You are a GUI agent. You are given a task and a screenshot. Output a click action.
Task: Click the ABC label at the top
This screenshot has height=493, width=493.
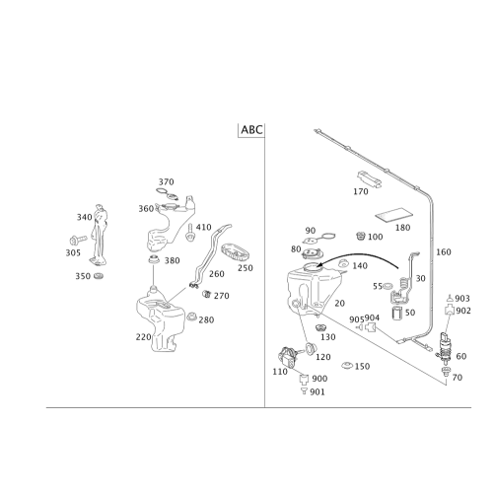252,129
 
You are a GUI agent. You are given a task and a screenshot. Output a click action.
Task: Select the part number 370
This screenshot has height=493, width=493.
167,181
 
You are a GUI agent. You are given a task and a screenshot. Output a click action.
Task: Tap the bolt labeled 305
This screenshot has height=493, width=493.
78,240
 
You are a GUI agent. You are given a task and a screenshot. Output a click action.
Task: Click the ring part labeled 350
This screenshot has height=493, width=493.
98,275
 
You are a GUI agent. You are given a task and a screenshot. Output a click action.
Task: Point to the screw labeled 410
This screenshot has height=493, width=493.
189,233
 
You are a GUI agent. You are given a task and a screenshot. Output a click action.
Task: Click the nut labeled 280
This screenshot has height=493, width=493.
191,317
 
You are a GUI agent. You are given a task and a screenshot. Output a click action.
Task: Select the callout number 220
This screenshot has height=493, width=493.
144,337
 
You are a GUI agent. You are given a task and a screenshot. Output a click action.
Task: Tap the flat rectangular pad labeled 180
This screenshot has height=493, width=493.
394,214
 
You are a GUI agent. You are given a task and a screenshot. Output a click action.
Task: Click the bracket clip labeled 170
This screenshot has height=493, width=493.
369,179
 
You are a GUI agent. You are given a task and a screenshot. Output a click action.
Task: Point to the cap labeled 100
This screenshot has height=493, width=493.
361,236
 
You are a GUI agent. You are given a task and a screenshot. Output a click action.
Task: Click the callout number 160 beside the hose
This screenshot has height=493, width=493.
444,252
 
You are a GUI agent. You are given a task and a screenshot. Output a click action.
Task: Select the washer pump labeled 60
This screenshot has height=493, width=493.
444,348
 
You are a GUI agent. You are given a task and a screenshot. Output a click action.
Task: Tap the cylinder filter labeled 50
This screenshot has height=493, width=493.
397,313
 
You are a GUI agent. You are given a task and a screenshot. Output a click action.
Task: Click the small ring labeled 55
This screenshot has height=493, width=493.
387,286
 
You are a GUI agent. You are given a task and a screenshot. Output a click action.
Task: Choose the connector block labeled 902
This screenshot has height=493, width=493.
450,310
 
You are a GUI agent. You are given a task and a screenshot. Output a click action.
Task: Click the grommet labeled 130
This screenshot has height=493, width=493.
320,328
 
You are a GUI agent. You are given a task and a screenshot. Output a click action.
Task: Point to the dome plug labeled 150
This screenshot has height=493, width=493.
347,365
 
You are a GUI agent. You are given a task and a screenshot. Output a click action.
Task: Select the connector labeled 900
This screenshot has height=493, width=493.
304,379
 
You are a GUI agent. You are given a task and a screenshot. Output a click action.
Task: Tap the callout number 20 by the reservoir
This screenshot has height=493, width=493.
340,304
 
